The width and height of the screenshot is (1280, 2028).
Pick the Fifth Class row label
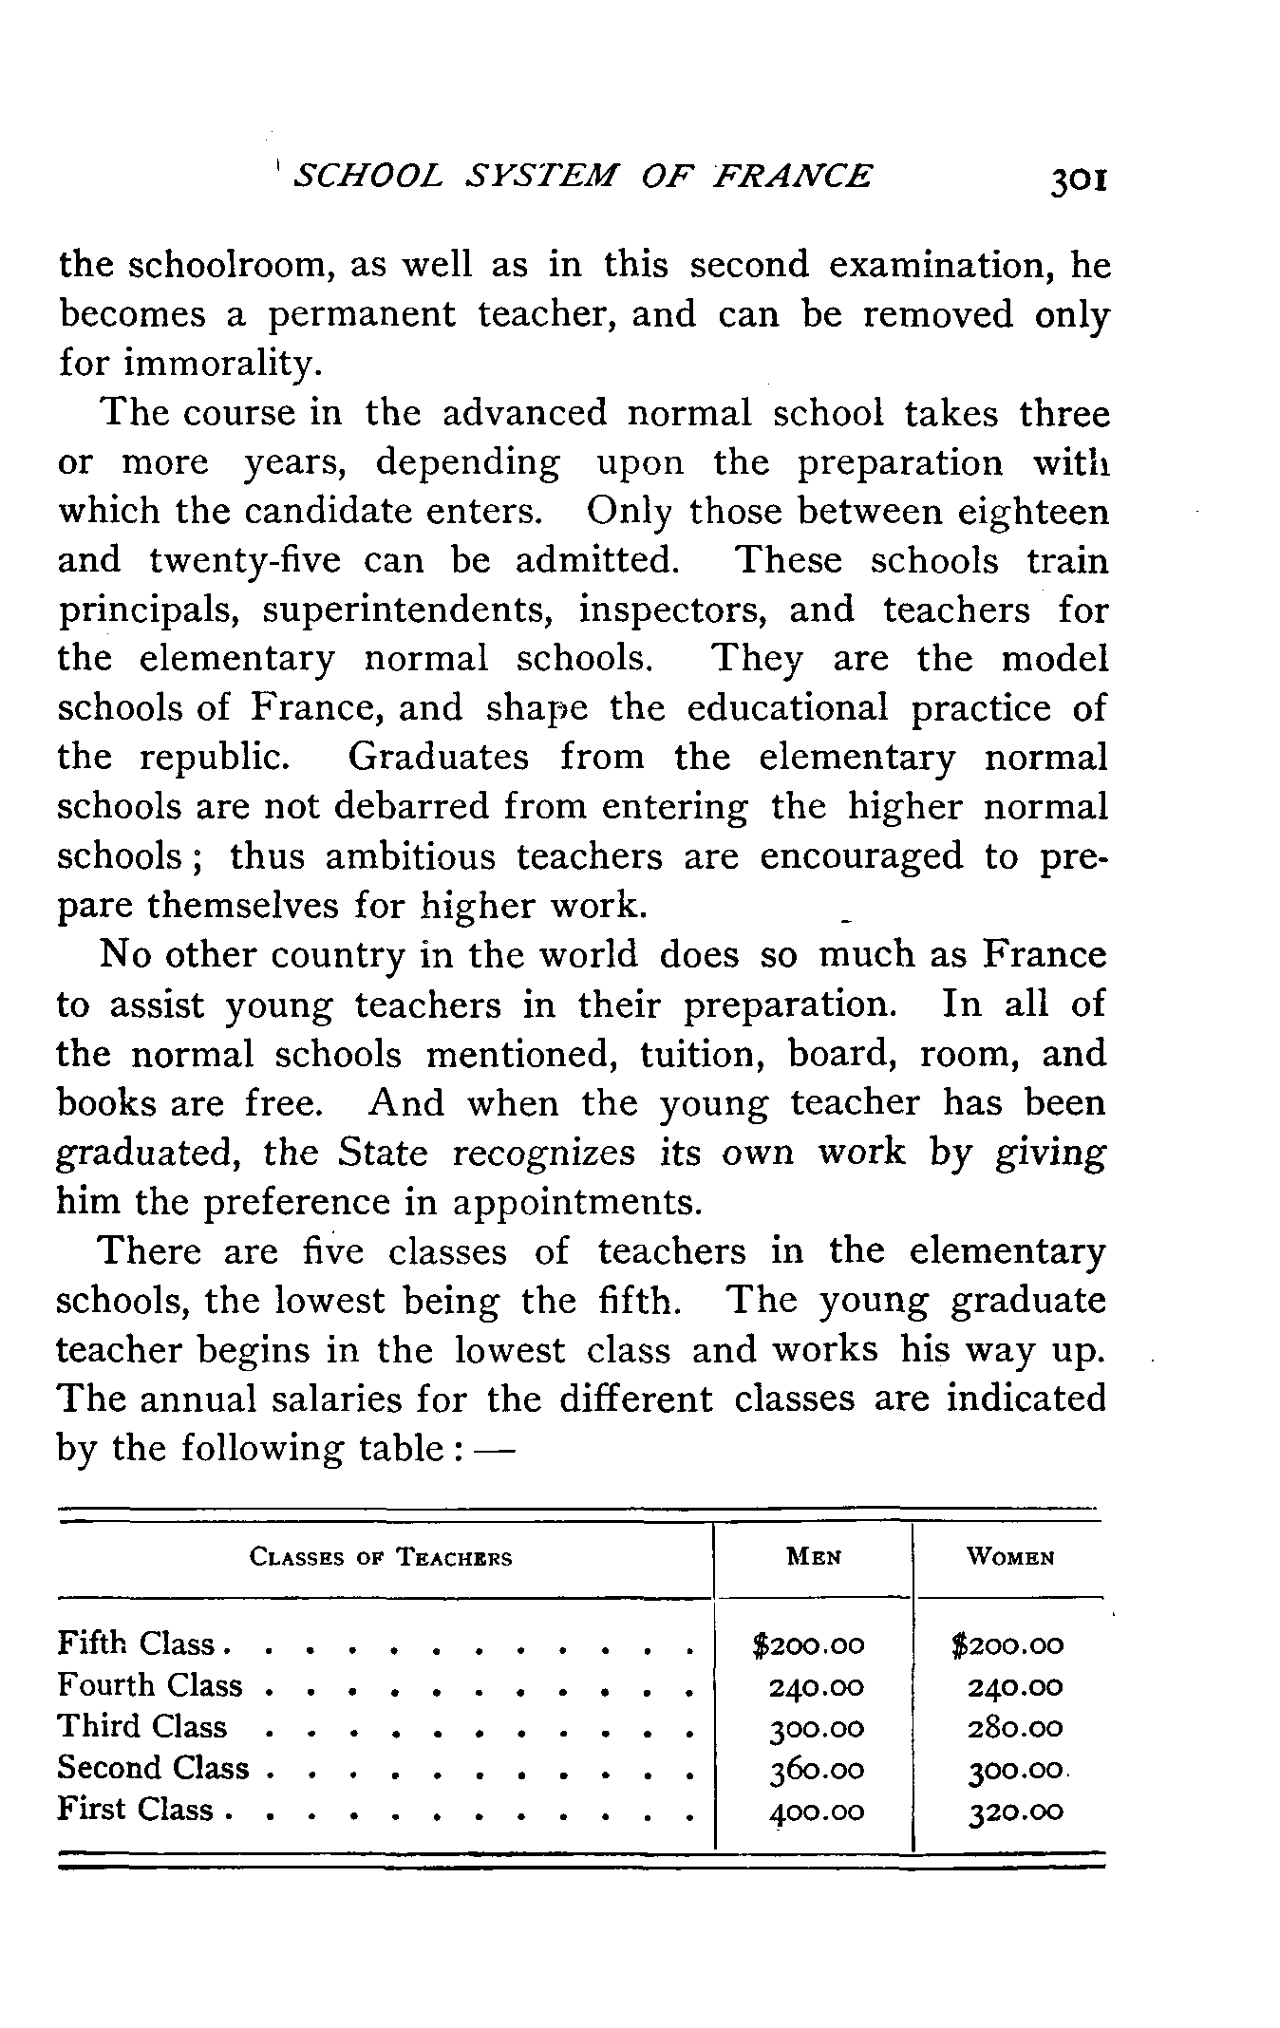tap(139, 1643)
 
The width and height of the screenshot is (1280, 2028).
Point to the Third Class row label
tap(142, 1726)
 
